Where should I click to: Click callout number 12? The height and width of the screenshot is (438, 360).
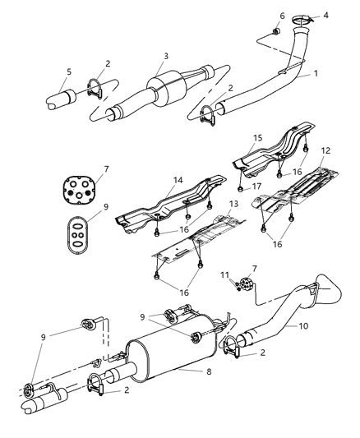pyautogui.click(x=325, y=151)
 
